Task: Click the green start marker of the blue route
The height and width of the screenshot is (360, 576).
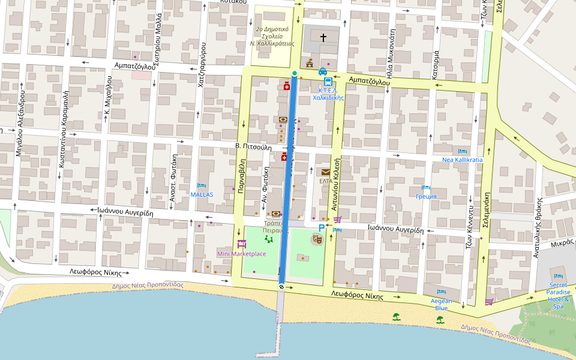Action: click(294, 73)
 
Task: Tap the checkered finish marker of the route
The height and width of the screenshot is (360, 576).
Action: click(281, 287)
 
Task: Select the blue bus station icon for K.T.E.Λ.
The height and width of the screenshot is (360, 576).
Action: click(328, 82)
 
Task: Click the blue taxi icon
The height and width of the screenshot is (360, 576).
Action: click(323, 71)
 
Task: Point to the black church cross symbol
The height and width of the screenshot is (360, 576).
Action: click(323, 38)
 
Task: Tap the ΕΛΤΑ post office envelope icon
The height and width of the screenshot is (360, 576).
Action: click(325, 172)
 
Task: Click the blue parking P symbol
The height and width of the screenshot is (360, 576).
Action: click(322, 228)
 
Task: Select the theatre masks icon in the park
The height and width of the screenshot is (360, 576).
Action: click(316, 239)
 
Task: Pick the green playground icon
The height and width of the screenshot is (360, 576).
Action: click(268, 239)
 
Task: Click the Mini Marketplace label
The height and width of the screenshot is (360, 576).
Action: click(241, 254)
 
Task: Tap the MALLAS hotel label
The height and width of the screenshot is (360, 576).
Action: click(202, 194)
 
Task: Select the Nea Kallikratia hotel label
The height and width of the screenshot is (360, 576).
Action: click(462, 160)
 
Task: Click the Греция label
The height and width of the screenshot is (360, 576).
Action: click(426, 196)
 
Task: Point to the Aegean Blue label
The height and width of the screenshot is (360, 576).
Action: click(442, 304)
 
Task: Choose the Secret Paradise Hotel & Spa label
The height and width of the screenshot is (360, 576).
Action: click(557, 295)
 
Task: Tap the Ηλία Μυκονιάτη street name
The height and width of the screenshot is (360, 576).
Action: click(389, 54)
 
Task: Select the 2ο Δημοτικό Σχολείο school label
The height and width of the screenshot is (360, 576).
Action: click(272, 35)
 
